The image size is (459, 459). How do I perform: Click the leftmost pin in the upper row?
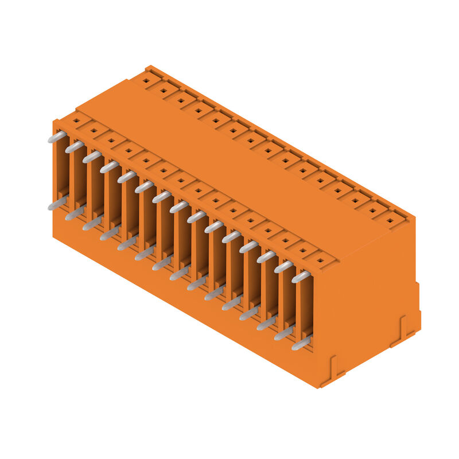click(x=56, y=137)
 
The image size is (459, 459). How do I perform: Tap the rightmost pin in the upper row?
click(x=301, y=277)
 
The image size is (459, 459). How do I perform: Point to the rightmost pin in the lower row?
click(x=301, y=344)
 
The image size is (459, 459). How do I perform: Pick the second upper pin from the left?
click(x=74, y=147)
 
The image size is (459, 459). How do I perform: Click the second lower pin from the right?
click(x=283, y=333)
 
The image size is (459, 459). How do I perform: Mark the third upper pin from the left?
click(x=92, y=157)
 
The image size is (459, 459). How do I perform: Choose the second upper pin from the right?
click(x=283, y=267)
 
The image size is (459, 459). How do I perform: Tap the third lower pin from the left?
click(x=92, y=223)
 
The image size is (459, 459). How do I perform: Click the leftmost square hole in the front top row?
click(x=75, y=121)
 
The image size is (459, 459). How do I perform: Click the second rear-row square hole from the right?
click(x=374, y=209)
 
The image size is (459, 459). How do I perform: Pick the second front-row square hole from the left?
click(x=93, y=131)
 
